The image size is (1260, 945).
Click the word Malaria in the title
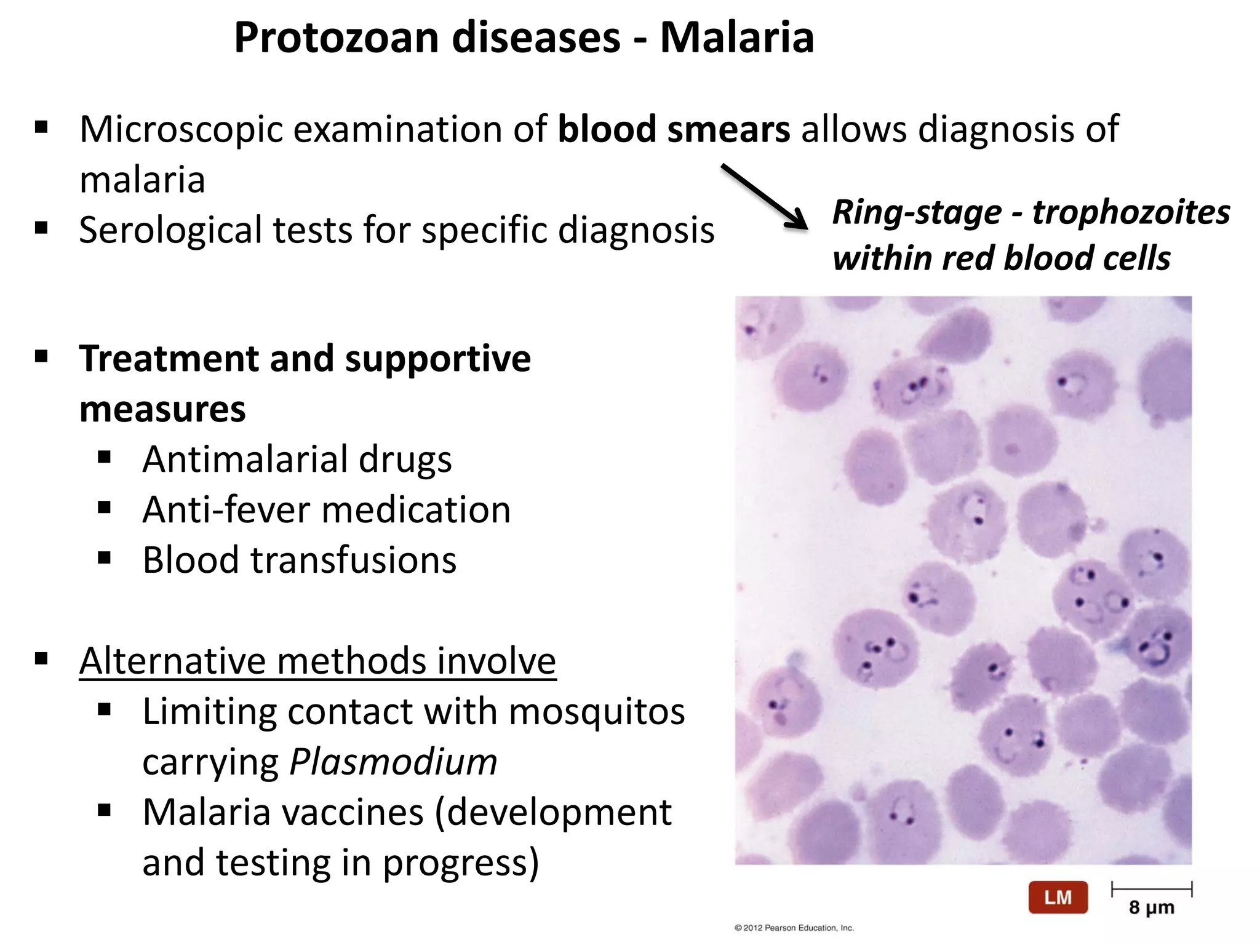coord(736,38)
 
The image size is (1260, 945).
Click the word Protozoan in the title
coord(337,38)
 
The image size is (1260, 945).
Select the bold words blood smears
coord(674,130)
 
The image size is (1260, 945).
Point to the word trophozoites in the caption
coord(1131,213)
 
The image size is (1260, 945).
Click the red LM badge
coord(1058,898)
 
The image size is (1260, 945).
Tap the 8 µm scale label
coord(1151,907)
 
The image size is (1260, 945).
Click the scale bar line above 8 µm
coord(1151,889)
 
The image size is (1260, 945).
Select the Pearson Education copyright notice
coord(794,928)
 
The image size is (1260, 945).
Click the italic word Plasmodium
coord(393,762)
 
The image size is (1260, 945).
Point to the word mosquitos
coord(596,712)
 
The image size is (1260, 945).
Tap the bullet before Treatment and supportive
coord(42,357)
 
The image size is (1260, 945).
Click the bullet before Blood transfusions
coord(105,558)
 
